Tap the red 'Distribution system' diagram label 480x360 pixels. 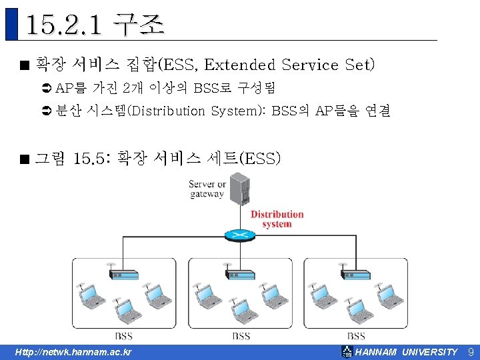(277, 219)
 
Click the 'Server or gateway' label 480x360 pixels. (207, 189)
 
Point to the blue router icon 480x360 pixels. (239, 235)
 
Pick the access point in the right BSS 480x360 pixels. (355, 273)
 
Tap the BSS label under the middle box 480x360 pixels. (241, 336)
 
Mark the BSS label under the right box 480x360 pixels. (356, 336)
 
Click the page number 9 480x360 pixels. (470, 351)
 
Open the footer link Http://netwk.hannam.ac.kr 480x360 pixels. (74, 352)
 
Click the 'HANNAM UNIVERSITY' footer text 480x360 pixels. (407, 352)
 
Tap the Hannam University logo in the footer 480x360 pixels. (347, 351)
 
